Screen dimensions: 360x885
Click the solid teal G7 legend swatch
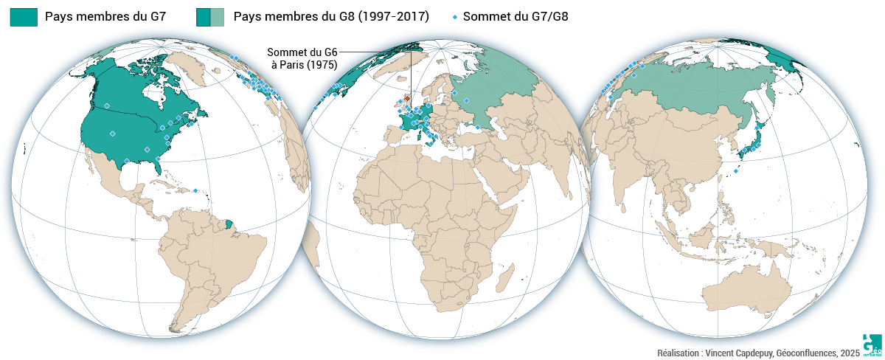pyautogui.click(x=24, y=17)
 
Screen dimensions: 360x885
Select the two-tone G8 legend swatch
pyautogui.click(x=210, y=17)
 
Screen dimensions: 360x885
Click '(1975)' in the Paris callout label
pyautogui.click(x=323, y=65)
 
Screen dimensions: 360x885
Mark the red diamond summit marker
pyautogui.click(x=406, y=97)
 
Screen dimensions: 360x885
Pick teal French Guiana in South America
pyautogui.click(x=229, y=222)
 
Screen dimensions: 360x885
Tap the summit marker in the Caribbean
pyautogui.click(x=195, y=190)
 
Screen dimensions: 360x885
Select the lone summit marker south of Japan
pyautogui.click(x=736, y=170)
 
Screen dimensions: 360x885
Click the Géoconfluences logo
pyautogui.click(x=872, y=344)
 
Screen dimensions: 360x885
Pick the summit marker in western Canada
pyautogui.click(x=107, y=105)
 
